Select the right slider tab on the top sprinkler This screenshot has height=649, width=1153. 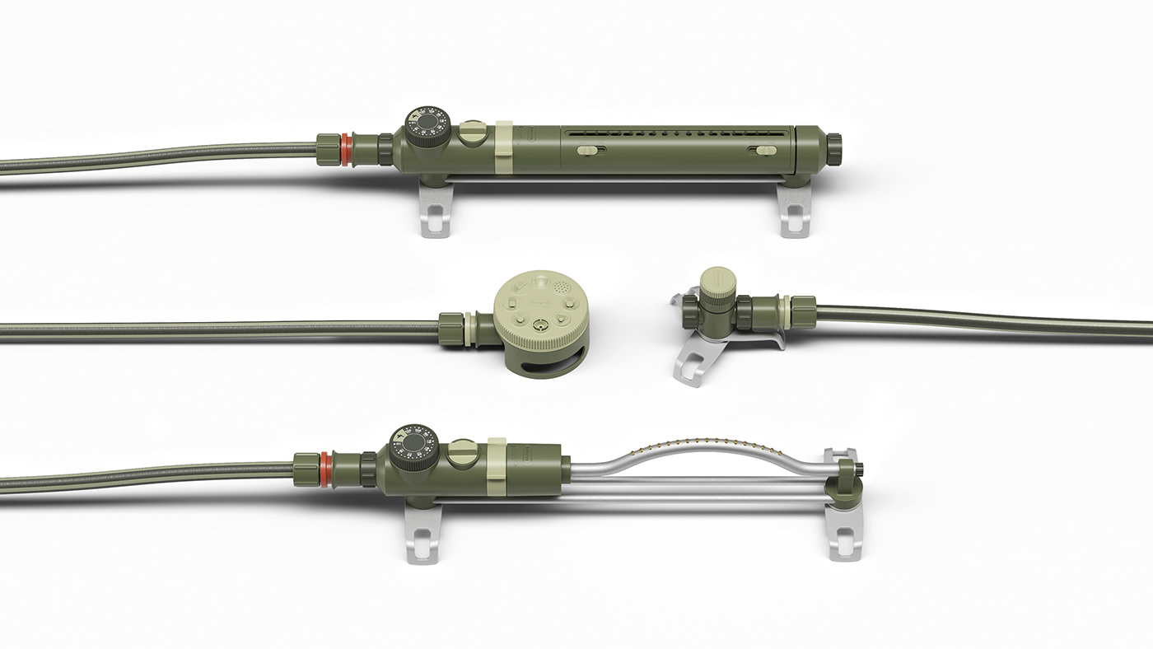point(765,151)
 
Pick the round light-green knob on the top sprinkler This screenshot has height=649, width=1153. point(473,133)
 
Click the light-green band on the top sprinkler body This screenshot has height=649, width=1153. point(504,148)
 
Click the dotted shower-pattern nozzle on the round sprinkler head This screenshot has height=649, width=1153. point(562,289)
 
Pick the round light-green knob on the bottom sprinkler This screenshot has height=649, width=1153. point(462,454)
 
